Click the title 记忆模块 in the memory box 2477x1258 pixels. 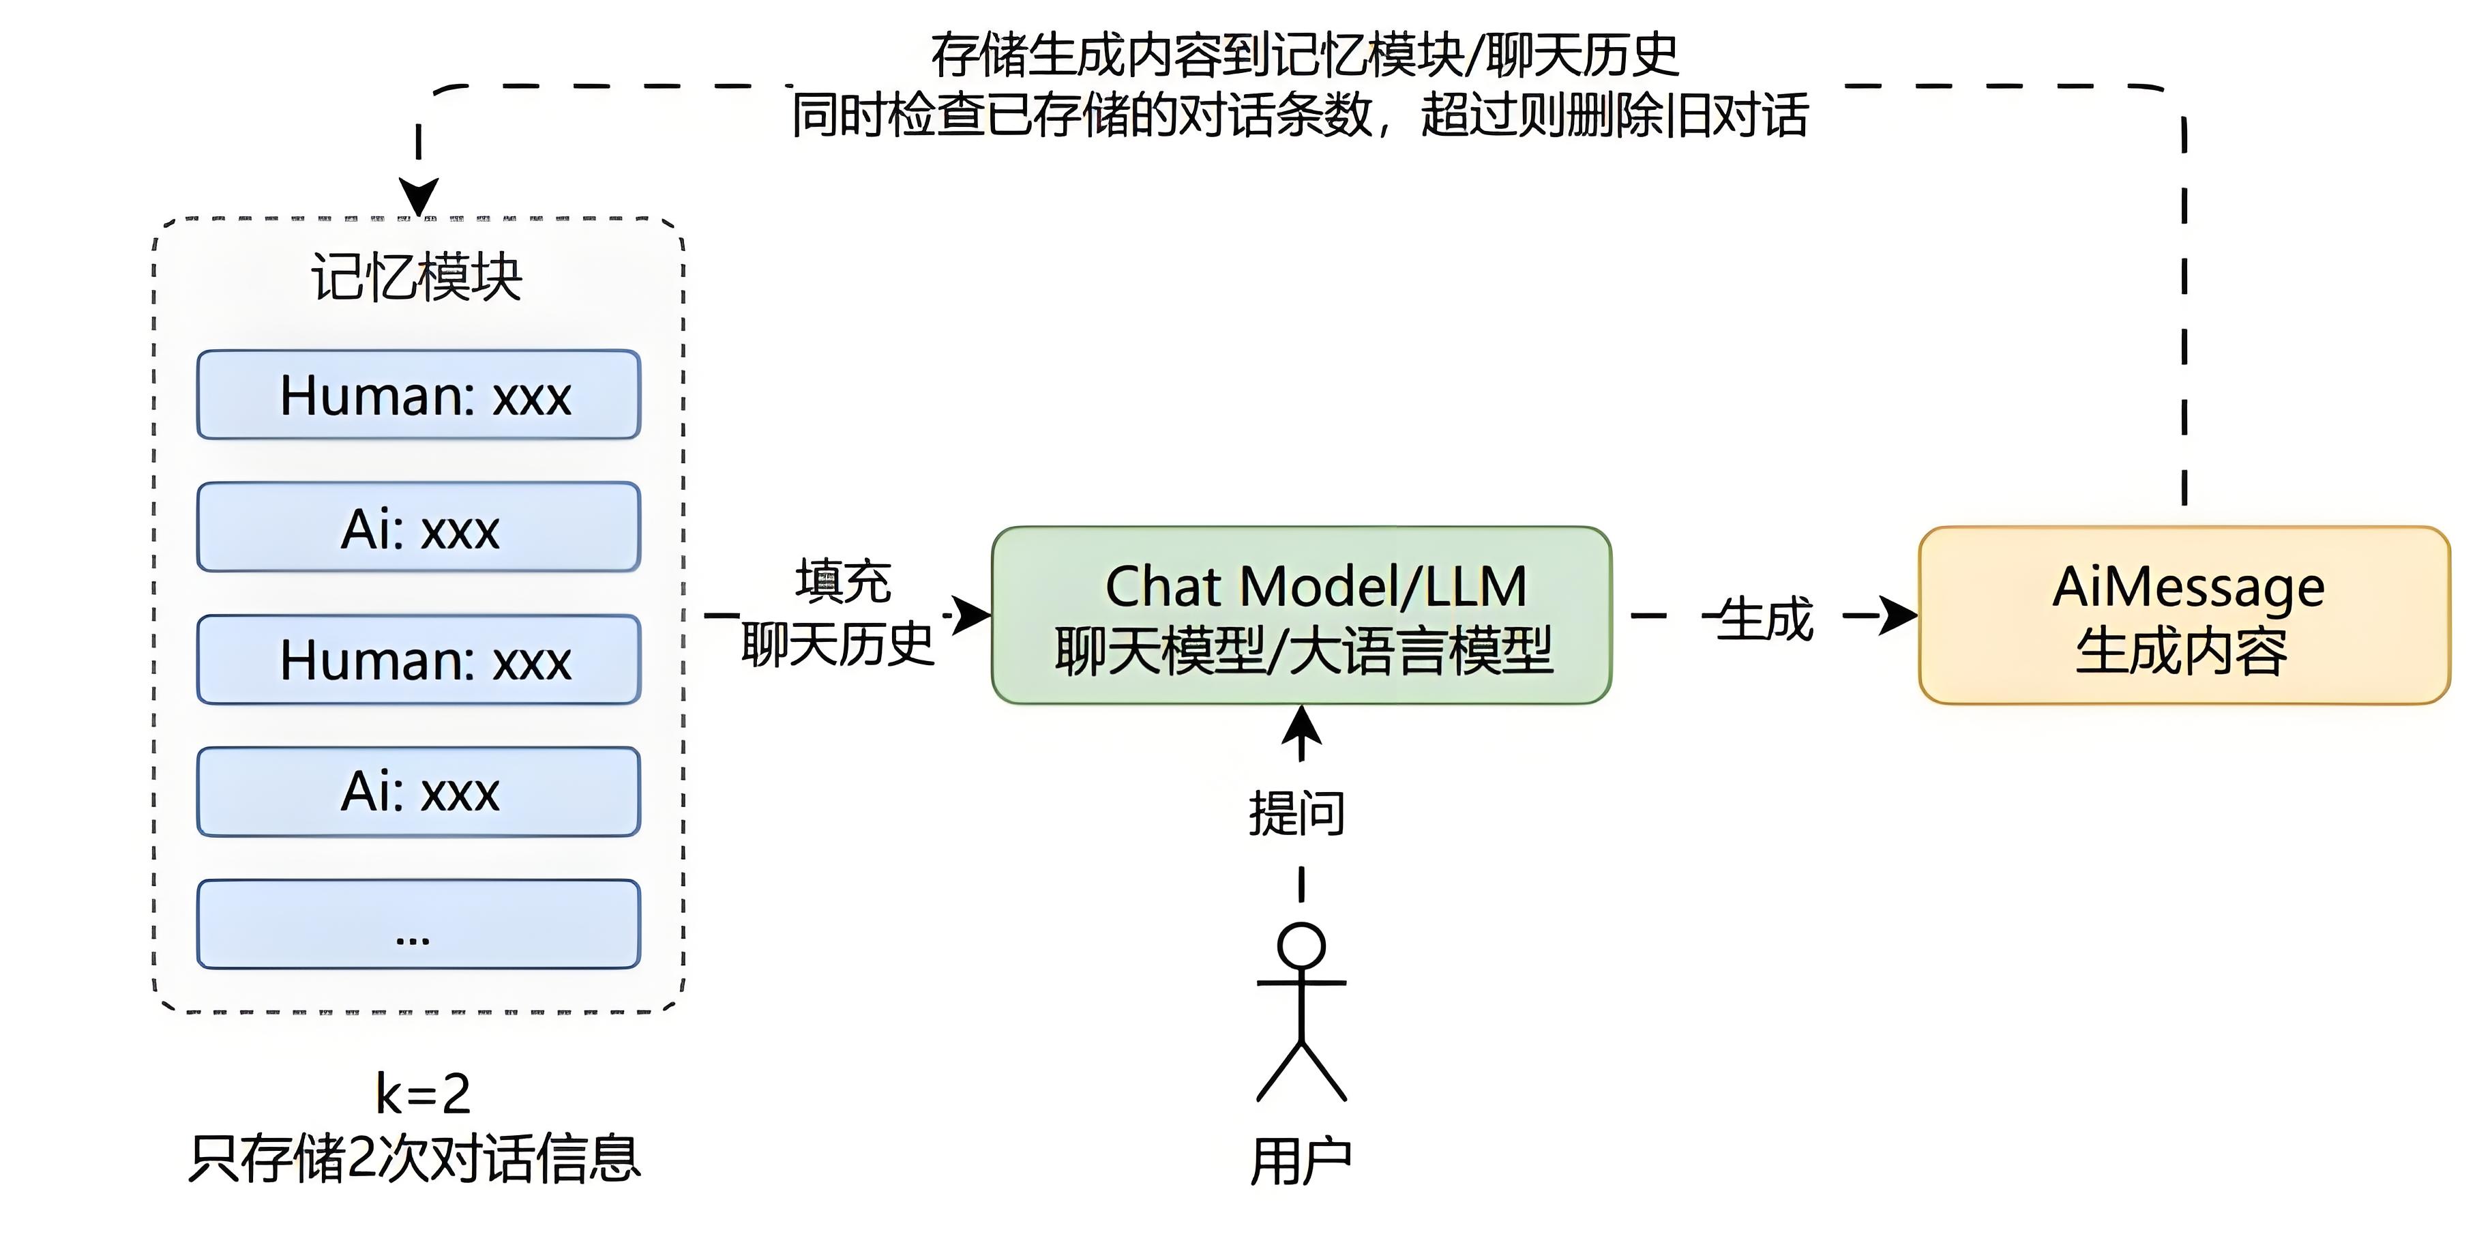point(417,279)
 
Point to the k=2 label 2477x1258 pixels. point(423,1094)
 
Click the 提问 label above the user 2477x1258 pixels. point(1297,814)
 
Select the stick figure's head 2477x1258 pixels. point(1301,946)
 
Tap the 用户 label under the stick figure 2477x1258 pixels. point(1301,1162)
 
